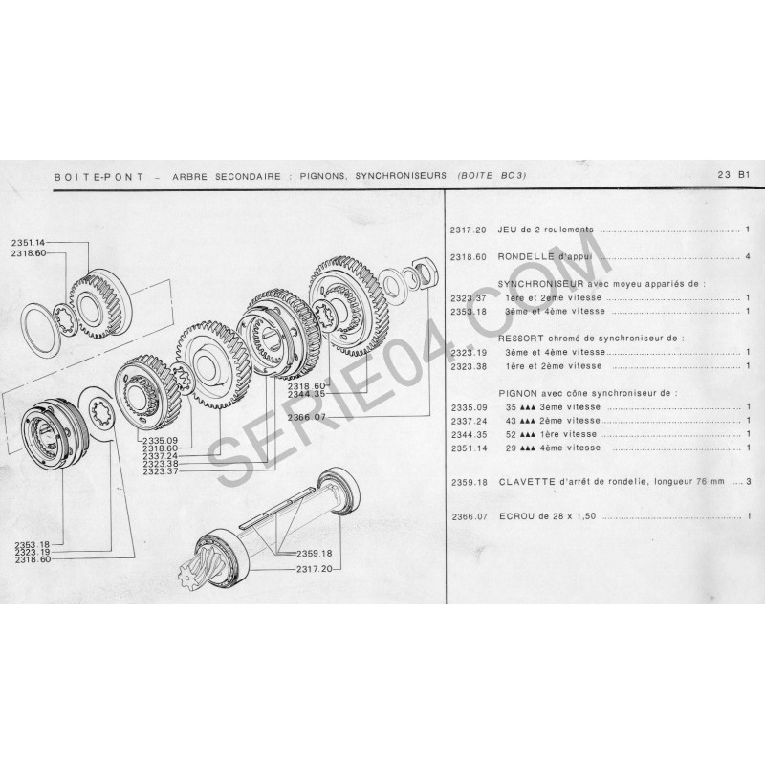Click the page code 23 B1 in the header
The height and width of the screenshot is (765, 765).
[x=733, y=174]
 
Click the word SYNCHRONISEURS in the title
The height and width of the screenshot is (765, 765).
[x=401, y=176]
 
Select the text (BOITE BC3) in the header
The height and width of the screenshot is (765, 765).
[x=492, y=176]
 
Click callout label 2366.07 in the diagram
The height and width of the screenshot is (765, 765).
[x=306, y=417]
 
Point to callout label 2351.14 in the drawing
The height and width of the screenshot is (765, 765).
[x=28, y=243]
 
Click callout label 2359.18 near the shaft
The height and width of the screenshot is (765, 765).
[x=315, y=554]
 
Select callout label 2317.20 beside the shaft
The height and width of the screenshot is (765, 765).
[x=315, y=568]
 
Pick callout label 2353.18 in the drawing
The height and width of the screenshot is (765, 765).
[x=33, y=544]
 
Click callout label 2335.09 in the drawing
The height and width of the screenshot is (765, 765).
[x=161, y=441]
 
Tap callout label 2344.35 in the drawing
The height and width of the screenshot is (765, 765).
[x=306, y=393]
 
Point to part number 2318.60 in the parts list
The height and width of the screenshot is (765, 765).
[x=469, y=256]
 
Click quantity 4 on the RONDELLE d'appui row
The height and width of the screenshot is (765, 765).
[x=748, y=256]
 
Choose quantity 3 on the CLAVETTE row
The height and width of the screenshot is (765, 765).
[x=749, y=481]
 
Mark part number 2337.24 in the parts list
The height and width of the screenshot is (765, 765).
[x=469, y=421]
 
